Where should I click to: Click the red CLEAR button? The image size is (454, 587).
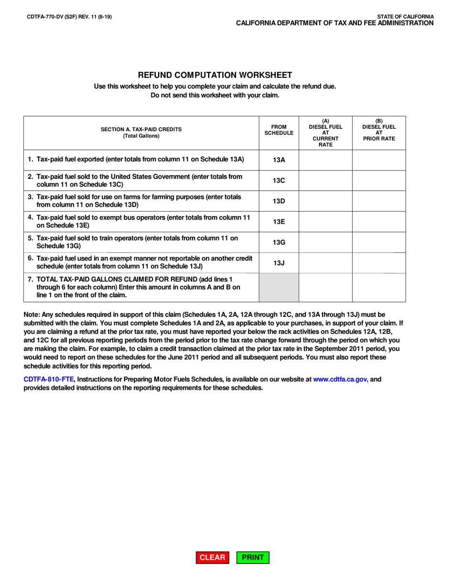pyautogui.click(x=212, y=557)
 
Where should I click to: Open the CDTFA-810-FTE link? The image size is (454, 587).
pyautogui.click(x=49, y=379)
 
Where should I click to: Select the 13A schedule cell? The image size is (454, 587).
pyautogui.click(x=279, y=160)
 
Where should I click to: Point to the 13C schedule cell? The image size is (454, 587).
pyautogui.click(x=279, y=180)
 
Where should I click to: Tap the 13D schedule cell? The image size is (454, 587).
pyautogui.click(x=279, y=201)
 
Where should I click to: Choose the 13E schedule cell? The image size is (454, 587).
pyautogui.click(x=279, y=221)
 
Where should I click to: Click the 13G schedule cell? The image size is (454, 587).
pyautogui.click(x=279, y=242)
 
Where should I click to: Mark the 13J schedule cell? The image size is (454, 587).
pyautogui.click(x=279, y=263)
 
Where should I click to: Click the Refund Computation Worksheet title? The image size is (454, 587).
pyautogui.click(x=215, y=75)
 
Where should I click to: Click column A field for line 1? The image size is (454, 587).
pyautogui.click(x=325, y=160)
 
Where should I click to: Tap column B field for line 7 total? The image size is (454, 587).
pyautogui.click(x=379, y=287)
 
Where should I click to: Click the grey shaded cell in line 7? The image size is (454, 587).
pyautogui.click(x=279, y=287)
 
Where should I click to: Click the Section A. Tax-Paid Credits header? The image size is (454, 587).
pyautogui.click(x=141, y=132)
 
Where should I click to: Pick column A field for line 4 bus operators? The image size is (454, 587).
pyautogui.click(x=325, y=221)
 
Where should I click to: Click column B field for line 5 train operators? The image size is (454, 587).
pyautogui.click(x=379, y=242)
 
